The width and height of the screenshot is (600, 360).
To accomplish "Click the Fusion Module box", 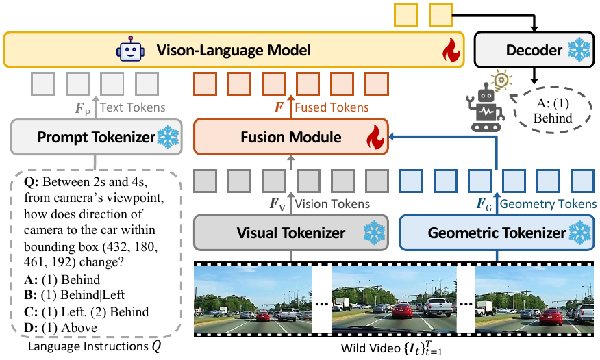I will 291,137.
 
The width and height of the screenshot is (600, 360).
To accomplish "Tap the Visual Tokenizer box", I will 291,233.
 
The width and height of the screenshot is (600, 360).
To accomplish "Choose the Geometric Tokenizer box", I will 496,233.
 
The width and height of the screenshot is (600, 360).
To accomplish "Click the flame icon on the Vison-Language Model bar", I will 449,50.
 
